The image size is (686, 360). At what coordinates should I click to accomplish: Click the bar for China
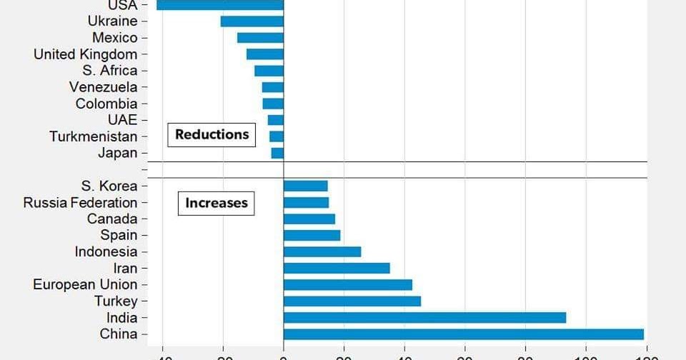click(x=463, y=334)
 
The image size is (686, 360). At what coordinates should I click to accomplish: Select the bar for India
click(x=424, y=318)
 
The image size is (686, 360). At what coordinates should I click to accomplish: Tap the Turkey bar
click(x=352, y=301)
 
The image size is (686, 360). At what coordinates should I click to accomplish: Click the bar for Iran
click(x=337, y=269)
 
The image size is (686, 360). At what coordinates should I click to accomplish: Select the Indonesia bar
click(x=322, y=251)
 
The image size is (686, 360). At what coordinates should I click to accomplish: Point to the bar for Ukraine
click(x=252, y=21)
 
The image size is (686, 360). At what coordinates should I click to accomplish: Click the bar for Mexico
click(x=260, y=38)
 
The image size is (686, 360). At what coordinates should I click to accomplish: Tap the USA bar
click(x=220, y=5)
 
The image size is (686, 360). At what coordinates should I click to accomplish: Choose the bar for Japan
click(x=277, y=153)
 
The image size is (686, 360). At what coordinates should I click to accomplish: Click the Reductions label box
click(x=212, y=134)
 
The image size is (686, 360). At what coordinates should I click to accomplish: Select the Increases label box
click(x=216, y=203)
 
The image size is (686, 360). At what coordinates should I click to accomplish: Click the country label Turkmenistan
click(x=93, y=136)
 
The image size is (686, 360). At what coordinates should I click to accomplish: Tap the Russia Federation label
click(x=80, y=203)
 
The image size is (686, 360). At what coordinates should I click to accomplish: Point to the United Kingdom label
click(x=85, y=54)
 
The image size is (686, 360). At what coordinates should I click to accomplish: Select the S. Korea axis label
click(x=109, y=186)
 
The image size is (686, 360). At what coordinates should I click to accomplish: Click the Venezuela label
click(x=103, y=87)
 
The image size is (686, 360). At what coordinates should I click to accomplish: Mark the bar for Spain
click(x=312, y=235)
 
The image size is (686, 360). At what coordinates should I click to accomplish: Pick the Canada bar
click(x=309, y=219)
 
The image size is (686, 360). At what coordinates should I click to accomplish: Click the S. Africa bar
click(x=269, y=71)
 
